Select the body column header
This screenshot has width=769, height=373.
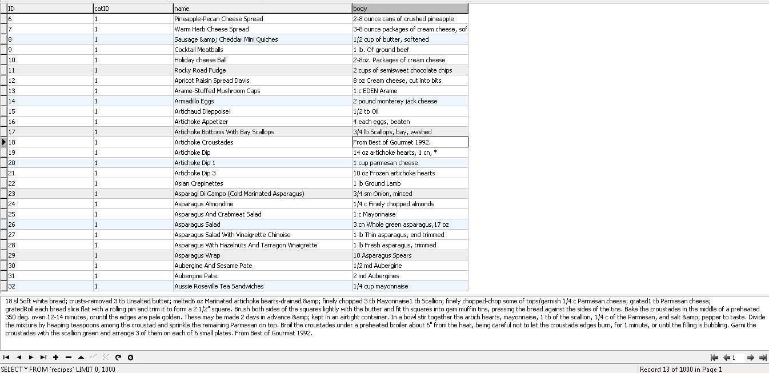410,9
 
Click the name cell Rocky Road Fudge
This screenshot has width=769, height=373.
192,70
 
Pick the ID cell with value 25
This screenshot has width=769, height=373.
11,214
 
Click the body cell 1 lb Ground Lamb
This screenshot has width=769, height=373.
377,183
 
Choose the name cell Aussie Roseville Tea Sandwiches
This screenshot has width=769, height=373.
219,286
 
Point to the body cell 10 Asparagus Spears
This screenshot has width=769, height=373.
382,255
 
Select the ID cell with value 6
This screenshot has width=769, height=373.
10,19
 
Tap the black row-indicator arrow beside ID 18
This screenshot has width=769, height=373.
4,142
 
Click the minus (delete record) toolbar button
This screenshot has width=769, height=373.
68,358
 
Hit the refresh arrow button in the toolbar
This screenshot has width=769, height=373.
118,358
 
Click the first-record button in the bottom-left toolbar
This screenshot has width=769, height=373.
6,358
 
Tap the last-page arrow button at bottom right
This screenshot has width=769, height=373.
763,358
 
